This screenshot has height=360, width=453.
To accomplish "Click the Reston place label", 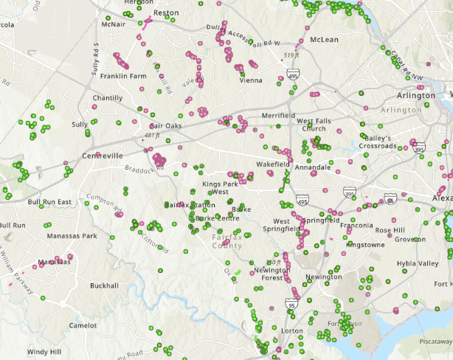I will click(165, 13).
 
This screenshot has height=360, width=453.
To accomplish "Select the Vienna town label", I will click(251, 80).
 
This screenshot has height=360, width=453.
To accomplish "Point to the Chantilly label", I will click(107, 98).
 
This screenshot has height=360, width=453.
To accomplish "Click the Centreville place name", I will click(103, 156).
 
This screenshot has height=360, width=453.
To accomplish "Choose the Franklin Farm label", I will click(123, 76).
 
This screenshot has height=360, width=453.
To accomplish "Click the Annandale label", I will click(313, 167).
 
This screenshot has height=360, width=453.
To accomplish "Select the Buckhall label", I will click(103, 285).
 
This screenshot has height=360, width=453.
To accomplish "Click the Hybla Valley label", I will click(417, 263).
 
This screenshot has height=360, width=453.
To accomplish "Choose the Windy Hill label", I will click(44, 352).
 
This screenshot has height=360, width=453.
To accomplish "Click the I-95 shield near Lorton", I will click(291, 304).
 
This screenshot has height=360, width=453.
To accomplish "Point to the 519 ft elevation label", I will click(291, 55).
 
